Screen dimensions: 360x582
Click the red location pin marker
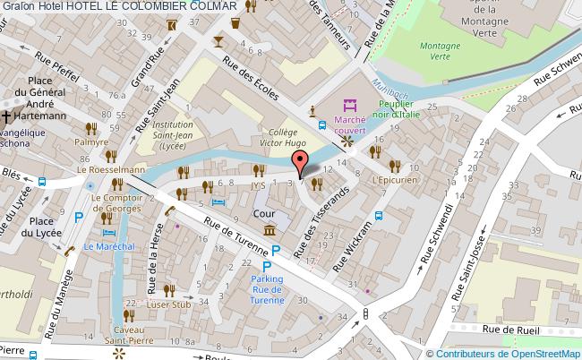coord(302,162)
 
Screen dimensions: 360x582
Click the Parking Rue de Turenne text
coord(266,288)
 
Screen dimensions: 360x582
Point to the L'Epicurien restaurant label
coord(397,180)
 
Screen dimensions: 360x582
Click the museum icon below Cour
coord(268,232)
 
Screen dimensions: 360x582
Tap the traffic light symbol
coord(365,313)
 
